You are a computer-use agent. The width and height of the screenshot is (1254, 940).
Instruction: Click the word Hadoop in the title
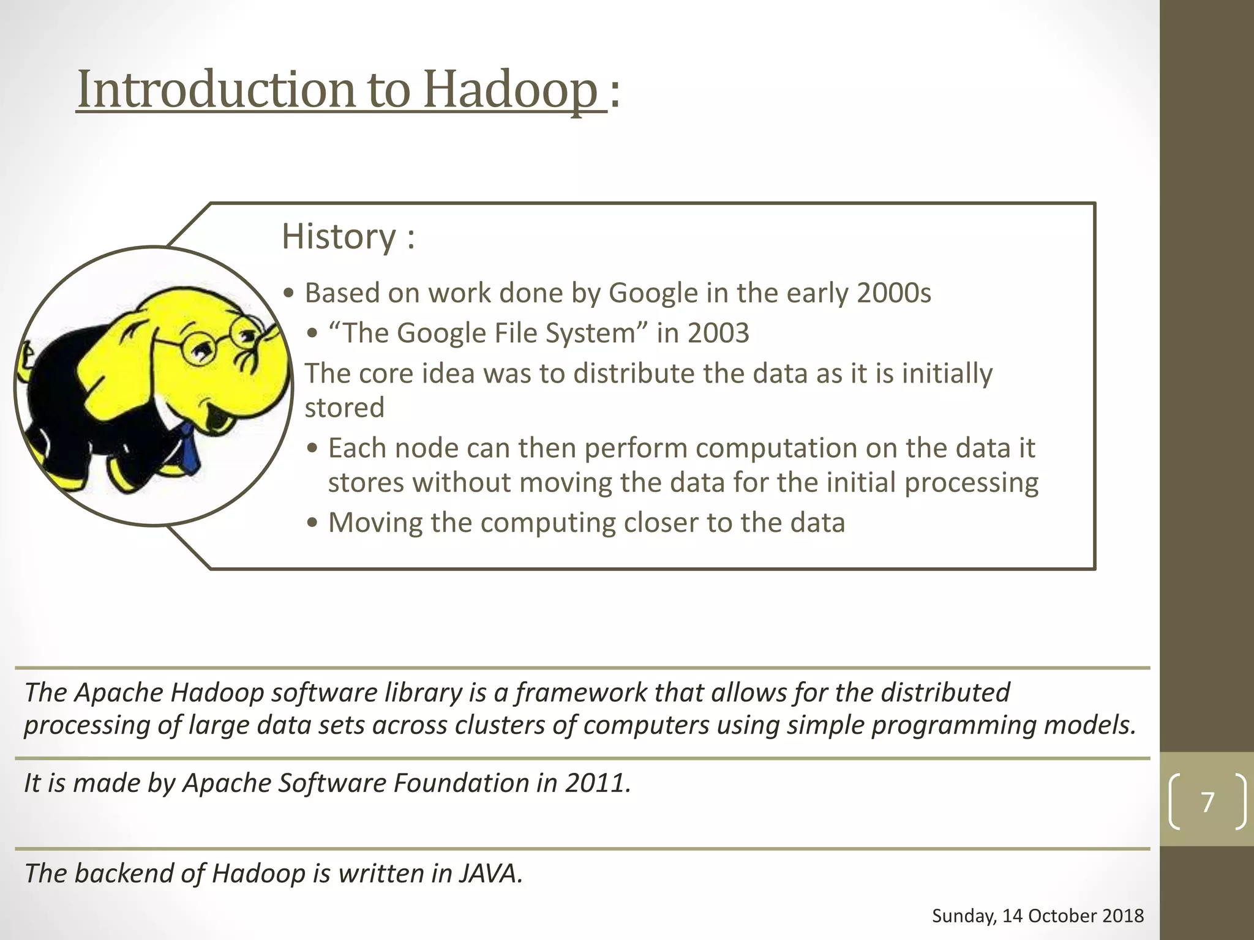coord(509,89)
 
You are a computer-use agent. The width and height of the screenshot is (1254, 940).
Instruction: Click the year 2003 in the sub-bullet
coord(718,334)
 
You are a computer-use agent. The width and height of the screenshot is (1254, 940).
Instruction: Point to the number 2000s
coord(893,293)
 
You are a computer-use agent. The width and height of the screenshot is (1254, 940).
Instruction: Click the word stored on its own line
coord(345,408)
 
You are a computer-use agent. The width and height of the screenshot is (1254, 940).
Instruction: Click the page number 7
coord(1207,802)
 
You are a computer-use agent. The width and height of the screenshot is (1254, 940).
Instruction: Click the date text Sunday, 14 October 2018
coord(1037,916)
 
